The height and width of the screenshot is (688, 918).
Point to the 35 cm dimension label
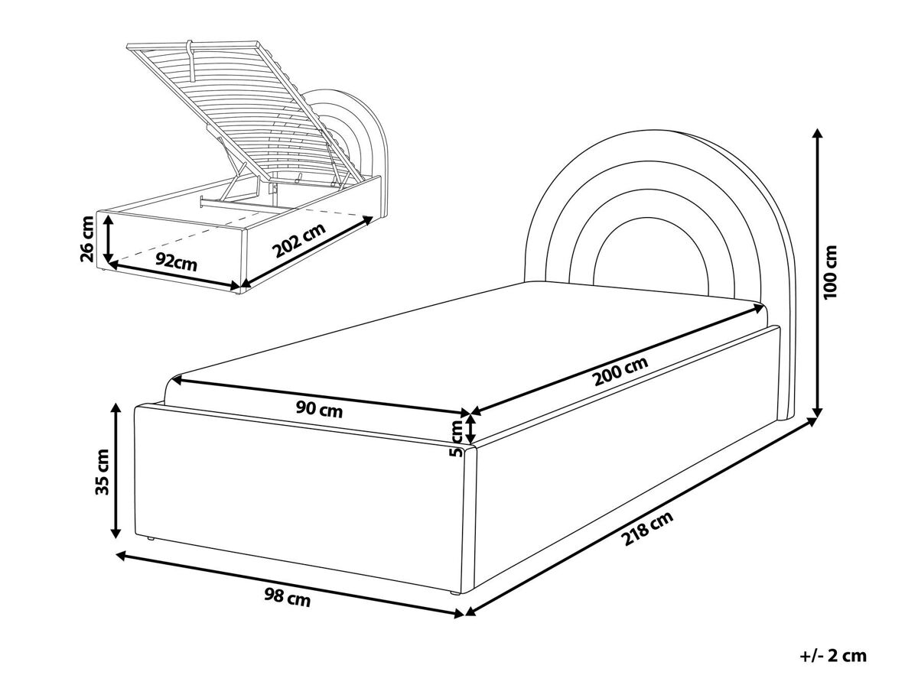[x=102, y=472]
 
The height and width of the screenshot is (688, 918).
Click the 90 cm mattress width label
[x=319, y=410]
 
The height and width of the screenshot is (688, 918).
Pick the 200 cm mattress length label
[x=620, y=372]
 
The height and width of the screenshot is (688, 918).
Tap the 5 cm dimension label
[x=457, y=439]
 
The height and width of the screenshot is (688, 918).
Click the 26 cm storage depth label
[x=87, y=239]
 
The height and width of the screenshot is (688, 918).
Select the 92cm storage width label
[x=176, y=262]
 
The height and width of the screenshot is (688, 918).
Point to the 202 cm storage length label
[x=298, y=241]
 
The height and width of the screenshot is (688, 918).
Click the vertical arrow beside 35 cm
[x=116, y=471]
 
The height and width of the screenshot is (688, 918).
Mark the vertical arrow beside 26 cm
[x=109, y=239]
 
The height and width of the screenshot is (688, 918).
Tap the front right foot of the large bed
[x=454, y=593]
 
